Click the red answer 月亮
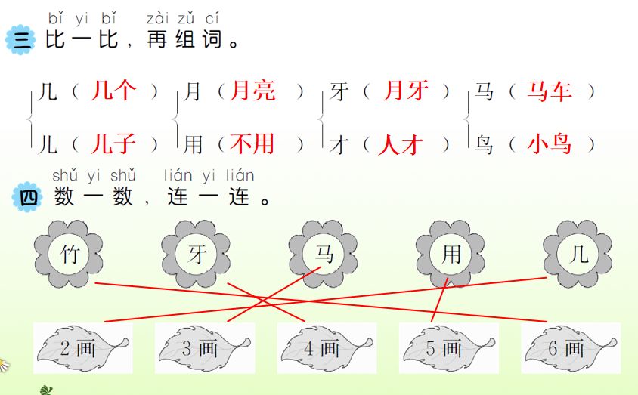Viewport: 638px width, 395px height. (252, 92)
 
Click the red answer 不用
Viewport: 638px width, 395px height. (252, 143)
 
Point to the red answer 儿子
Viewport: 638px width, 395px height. (113, 143)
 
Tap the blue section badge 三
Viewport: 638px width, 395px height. (20, 40)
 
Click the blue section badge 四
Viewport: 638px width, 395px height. (29, 199)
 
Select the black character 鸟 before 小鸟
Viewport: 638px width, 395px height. (484, 143)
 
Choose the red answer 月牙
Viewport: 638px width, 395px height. (406, 92)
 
